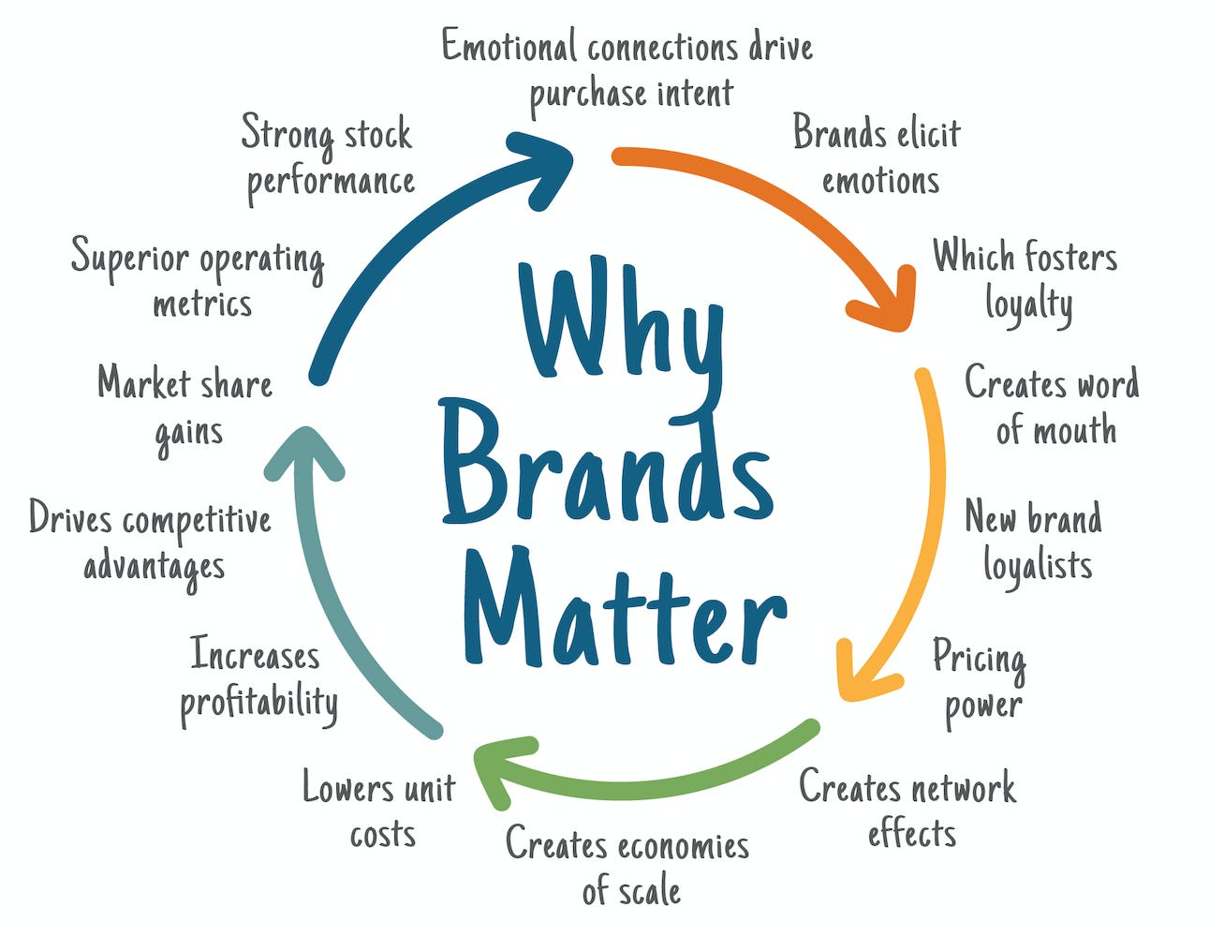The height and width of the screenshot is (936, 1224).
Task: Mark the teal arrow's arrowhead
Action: click(304, 450)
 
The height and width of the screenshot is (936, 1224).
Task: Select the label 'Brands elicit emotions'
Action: click(877, 156)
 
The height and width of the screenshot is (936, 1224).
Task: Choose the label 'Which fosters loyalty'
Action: click(1025, 279)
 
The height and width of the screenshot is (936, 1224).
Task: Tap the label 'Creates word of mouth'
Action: click(1053, 407)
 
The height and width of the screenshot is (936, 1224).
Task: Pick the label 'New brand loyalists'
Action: click(1034, 542)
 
